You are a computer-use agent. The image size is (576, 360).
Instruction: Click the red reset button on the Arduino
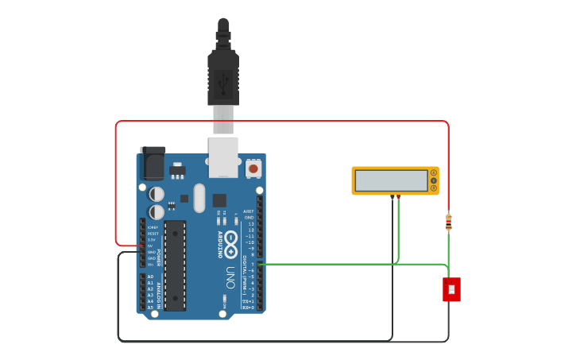[x=253, y=168]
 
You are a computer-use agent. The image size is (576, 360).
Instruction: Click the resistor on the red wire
[x=449, y=223]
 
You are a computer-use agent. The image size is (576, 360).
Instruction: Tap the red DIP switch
[x=451, y=289]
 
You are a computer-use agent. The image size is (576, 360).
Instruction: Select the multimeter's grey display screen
[x=391, y=180]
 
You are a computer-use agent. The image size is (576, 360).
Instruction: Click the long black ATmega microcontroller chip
[x=175, y=265]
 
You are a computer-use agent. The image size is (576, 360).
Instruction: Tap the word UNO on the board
[x=230, y=277]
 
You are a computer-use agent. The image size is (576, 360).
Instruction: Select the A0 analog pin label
[x=150, y=277]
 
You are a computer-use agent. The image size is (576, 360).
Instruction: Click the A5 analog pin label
[x=150, y=308]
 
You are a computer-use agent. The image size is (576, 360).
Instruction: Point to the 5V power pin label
[x=151, y=246]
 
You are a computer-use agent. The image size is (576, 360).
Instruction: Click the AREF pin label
[x=249, y=211]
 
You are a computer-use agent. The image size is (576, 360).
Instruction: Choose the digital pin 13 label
[x=251, y=224]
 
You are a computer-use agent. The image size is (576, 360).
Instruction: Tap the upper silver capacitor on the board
[x=157, y=194]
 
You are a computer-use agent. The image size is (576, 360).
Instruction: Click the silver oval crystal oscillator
[x=199, y=198]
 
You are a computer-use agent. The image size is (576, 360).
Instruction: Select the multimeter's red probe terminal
[x=398, y=195]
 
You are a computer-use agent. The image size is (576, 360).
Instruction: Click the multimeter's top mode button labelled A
[x=434, y=172]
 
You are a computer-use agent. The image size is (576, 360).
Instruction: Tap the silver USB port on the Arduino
[x=223, y=156]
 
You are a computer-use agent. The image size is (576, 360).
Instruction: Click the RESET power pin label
[x=152, y=234]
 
